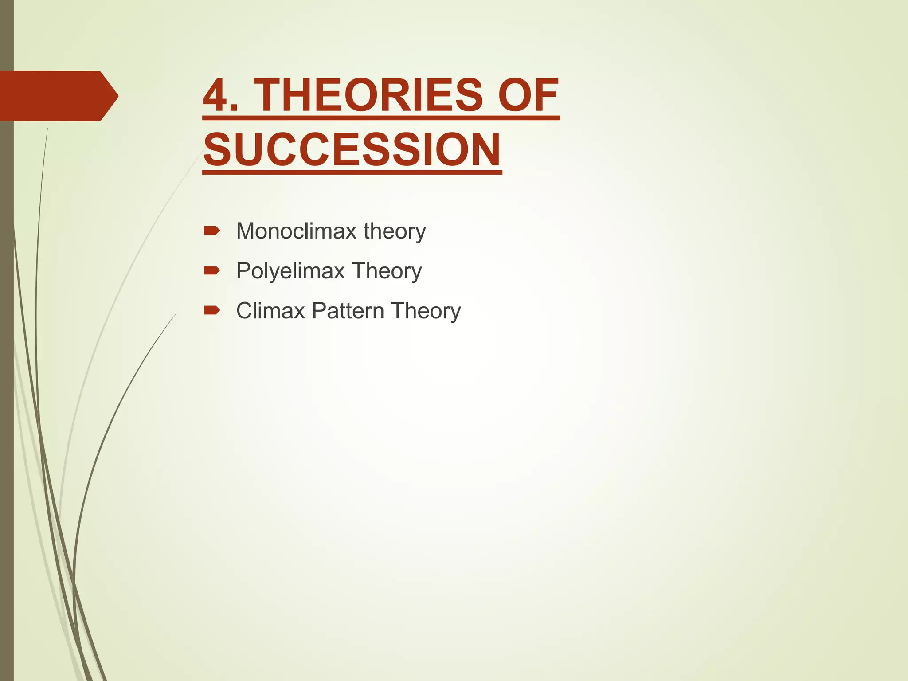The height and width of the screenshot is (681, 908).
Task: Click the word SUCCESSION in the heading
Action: click(x=352, y=149)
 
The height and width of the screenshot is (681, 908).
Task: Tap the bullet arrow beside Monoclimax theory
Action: click(x=211, y=231)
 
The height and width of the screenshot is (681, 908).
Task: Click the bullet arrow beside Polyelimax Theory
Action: click(x=211, y=270)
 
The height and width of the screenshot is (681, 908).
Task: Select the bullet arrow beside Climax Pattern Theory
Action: click(x=211, y=310)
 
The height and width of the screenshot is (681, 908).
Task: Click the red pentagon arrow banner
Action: click(x=53, y=96)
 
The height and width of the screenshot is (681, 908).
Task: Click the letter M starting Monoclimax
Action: click(x=246, y=231)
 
